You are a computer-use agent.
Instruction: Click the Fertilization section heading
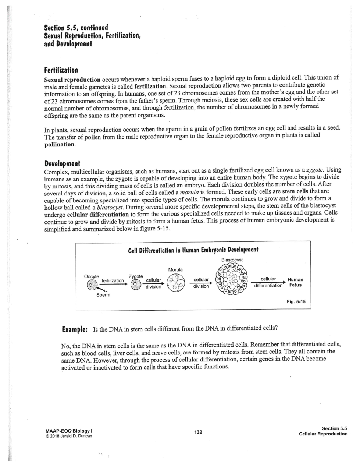(x=61, y=70)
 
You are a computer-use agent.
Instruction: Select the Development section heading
(x=62, y=163)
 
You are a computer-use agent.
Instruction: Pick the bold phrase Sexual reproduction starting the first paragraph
(x=72, y=80)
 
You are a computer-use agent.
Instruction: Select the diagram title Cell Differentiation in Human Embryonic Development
(x=193, y=250)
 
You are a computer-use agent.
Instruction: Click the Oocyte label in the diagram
(x=92, y=276)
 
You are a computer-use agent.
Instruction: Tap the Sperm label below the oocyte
(x=103, y=295)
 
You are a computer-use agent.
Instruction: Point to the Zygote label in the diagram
(x=136, y=276)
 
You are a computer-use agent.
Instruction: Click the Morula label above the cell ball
(x=175, y=270)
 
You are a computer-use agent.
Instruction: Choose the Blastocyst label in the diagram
(x=232, y=260)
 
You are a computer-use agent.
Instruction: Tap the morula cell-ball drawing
(x=175, y=285)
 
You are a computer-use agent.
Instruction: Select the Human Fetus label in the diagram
(x=295, y=282)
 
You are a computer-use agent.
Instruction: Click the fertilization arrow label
(x=113, y=280)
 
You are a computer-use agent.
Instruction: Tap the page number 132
(x=198, y=432)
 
